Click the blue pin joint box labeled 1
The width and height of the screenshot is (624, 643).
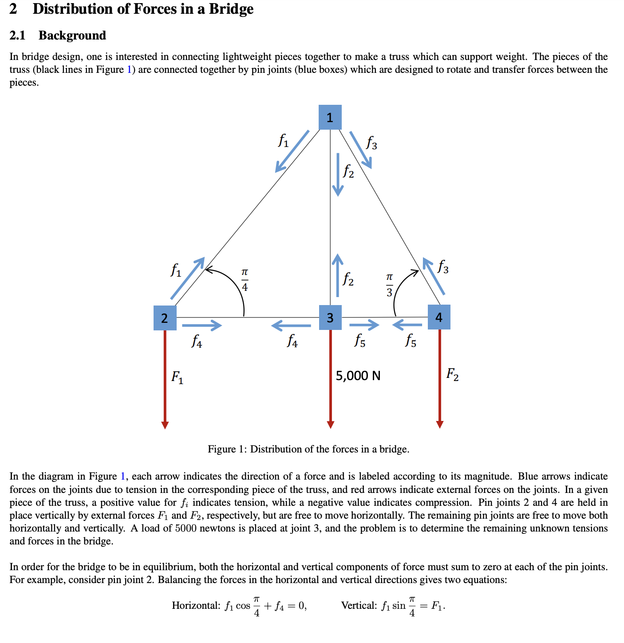tap(330, 117)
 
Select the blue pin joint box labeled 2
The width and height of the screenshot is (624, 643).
tap(165, 318)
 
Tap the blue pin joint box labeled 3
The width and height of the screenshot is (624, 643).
tap(330, 318)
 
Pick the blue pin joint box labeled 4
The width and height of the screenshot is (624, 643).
tap(439, 317)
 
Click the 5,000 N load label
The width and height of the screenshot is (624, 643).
tap(358, 376)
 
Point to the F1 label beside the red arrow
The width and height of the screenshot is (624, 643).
tap(177, 377)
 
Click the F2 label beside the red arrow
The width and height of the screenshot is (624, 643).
tap(452, 374)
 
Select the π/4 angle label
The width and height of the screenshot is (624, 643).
tap(245, 279)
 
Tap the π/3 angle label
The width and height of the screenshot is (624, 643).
tap(389, 285)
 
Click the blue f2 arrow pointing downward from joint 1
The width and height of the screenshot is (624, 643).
tap(338, 174)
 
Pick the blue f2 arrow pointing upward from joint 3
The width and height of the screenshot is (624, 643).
tap(338, 275)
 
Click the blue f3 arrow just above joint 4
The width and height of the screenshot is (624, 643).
tap(434, 276)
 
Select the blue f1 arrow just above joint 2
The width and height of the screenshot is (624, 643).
tap(187, 278)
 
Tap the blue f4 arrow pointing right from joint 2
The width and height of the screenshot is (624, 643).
tap(202, 325)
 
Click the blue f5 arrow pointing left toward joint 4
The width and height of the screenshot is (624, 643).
tap(407, 325)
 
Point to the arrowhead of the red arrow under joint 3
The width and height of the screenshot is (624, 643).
tap(330, 424)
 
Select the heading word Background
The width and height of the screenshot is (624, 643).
tap(72, 36)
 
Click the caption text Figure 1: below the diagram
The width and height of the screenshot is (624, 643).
tap(228, 449)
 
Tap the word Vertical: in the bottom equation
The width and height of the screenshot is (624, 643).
tap(359, 605)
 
